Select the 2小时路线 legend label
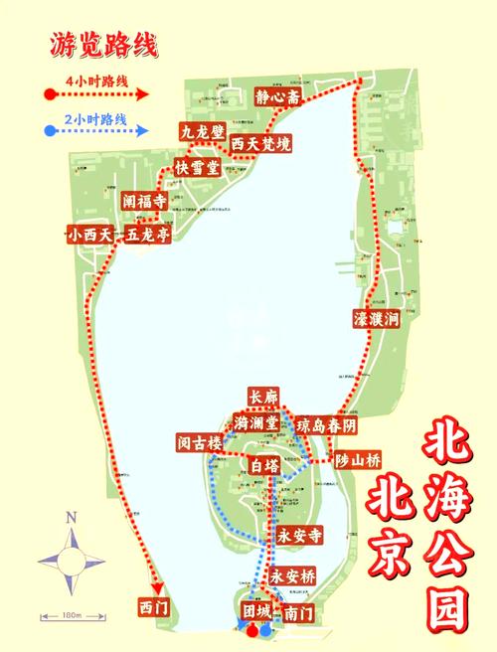[x=96, y=118]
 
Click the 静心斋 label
[x=275, y=98]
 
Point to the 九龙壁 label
[x=202, y=131]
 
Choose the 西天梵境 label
[x=260, y=145]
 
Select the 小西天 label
[x=90, y=236]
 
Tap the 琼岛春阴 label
[x=325, y=424]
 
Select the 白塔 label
[x=263, y=464]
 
